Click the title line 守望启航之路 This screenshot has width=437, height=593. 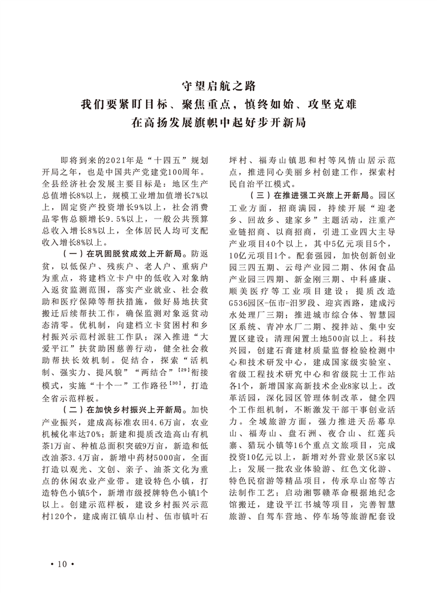point(219,86)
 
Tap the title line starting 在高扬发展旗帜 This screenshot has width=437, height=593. point(219,122)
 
